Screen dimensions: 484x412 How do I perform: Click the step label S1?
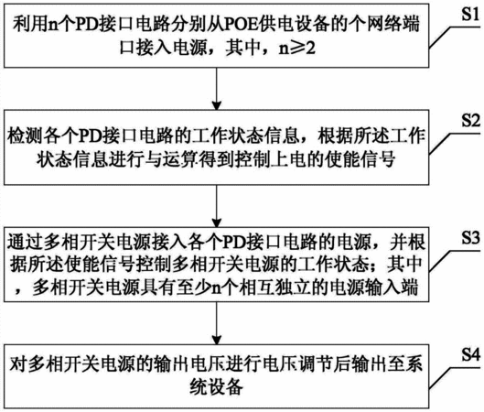(470, 14)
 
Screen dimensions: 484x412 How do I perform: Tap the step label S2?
(470, 121)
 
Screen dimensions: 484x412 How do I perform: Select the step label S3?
(470, 238)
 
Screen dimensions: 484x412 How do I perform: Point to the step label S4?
(470, 354)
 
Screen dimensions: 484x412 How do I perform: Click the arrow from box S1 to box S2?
(217, 89)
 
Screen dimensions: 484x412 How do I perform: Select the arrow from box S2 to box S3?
(217, 206)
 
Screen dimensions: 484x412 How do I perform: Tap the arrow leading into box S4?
(217, 323)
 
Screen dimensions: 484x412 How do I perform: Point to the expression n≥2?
(297, 49)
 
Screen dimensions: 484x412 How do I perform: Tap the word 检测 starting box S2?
(26, 136)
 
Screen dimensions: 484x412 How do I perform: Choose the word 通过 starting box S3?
(26, 242)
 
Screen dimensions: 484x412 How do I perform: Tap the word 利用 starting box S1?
(31, 24)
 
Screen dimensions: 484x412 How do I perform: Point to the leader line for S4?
(455, 378)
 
